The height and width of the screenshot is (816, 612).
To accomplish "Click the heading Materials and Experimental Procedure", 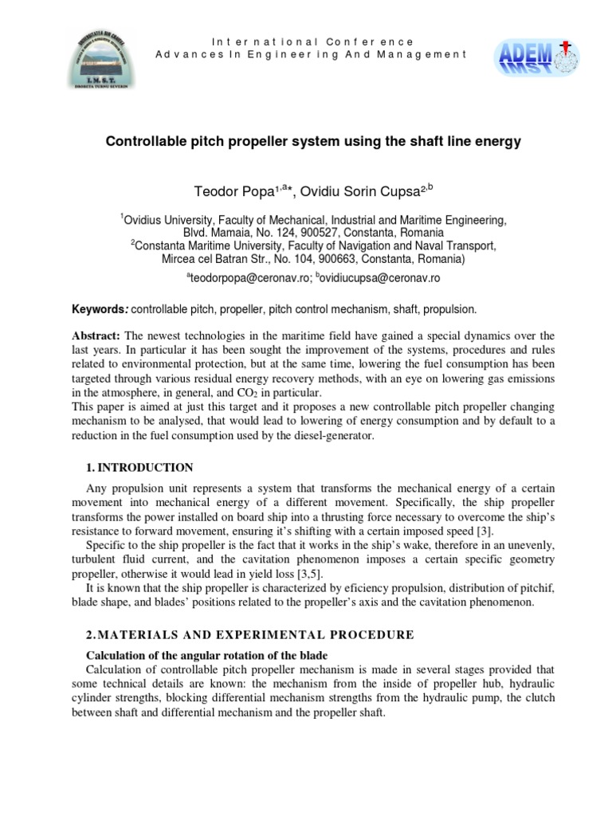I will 249,634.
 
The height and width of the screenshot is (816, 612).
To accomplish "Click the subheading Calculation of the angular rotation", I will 189,655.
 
